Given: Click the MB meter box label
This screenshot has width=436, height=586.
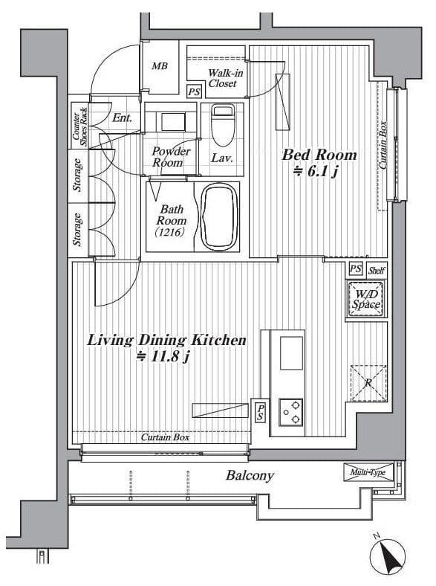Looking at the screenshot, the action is [x=160, y=66].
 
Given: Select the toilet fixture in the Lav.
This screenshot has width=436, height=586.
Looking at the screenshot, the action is [x=223, y=125].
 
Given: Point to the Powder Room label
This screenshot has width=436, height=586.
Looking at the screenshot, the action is [x=171, y=157].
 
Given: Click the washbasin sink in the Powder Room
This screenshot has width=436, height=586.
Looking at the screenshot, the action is [x=173, y=121].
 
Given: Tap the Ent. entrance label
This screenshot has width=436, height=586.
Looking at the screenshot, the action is [x=122, y=118].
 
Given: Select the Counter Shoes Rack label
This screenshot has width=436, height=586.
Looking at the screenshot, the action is [x=79, y=127].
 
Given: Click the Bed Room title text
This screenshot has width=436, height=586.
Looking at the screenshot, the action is [x=319, y=155].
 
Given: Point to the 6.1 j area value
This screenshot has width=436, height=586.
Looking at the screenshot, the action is [x=316, y=172].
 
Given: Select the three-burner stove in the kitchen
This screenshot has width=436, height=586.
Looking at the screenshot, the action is [x=291, y=412].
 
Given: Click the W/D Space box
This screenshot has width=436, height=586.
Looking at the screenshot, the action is [x=366, y=300].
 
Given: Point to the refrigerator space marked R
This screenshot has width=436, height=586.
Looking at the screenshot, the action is [x=368, y=384].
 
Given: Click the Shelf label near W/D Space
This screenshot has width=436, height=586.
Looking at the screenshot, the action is [x=377, y=270].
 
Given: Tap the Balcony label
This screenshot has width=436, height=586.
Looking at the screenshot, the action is [x=250, y=475].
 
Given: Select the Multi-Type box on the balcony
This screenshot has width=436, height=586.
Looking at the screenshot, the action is [x=368, y=472].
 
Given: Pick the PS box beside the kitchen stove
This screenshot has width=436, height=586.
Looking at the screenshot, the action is [x=260, y=412].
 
